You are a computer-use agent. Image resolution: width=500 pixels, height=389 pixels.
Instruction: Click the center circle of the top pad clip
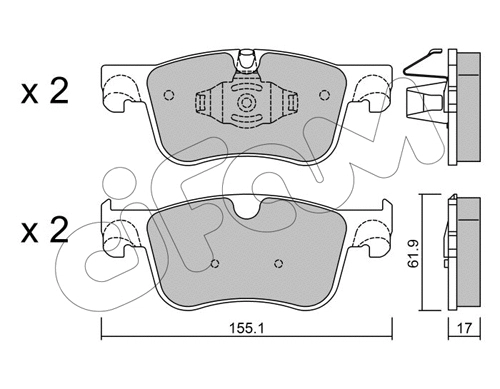(244, 103)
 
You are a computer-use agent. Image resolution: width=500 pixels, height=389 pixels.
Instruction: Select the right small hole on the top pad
(322, 96)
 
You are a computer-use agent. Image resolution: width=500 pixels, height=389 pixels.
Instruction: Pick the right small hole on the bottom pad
(276, 266)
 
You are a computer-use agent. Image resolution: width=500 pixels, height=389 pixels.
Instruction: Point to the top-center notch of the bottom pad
(245, 212)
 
